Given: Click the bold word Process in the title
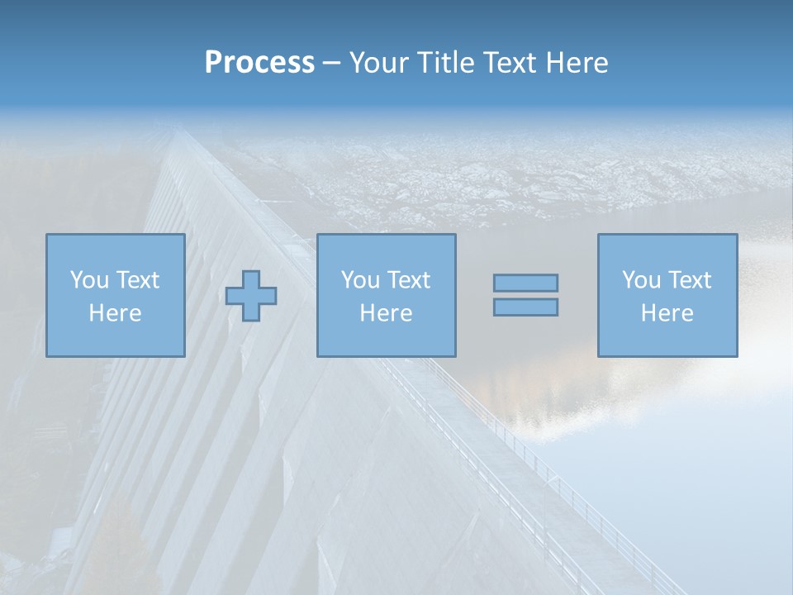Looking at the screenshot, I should (x=259, y=63).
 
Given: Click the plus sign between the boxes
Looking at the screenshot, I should (x=251, y=296).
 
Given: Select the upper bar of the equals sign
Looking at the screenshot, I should (x=525, y=283).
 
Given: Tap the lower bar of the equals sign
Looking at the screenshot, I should (x=525, y=307).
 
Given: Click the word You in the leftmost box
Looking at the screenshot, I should (x=88, y=280).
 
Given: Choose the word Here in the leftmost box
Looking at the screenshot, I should (x=115, y=313).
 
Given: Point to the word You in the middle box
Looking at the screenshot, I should (x=360, y=280).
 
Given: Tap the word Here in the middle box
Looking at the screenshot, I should (x=386, y=313).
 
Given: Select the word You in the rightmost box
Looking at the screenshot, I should (x=641, y=280).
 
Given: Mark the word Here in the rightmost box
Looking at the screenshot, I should (x=667, y=313).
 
